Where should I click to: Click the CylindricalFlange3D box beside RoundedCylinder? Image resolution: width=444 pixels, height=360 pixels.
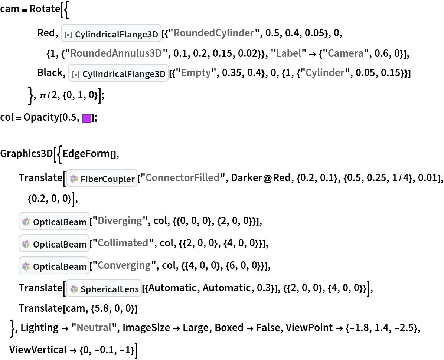click(111, 33)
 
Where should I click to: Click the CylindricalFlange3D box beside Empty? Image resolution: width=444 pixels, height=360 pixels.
click(119, 73)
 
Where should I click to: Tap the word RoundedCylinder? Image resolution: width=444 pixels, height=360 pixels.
click(213, 33)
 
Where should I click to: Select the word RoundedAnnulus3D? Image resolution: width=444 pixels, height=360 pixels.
click(116, 53)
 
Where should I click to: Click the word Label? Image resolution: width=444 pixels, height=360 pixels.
click(288, 53)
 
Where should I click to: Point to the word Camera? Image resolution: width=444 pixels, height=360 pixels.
click(345, 53)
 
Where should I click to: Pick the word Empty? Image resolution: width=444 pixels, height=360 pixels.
click(196, 73)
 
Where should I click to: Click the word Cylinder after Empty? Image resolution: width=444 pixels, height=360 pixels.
click(325, 73)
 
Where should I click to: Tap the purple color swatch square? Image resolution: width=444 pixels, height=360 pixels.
click(86, 119)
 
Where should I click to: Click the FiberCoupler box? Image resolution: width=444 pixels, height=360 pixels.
click(102, 178)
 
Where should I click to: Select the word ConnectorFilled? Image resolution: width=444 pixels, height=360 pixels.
click(182, 178)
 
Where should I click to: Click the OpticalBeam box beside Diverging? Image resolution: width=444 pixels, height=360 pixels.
click(54, 221)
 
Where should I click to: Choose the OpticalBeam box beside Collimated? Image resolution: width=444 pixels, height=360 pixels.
click(54, 243)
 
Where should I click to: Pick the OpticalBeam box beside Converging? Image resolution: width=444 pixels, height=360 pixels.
click(54, 266)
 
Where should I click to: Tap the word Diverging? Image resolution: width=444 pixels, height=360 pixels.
click(120, 221)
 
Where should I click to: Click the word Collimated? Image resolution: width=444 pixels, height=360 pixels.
click(123, 243)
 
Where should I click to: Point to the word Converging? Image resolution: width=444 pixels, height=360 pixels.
click(124, 265)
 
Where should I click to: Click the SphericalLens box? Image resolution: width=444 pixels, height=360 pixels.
click(104, 288)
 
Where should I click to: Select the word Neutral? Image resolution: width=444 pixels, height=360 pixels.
click(94, 328)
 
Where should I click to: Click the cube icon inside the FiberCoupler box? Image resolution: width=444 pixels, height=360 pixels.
click(74, 179)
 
